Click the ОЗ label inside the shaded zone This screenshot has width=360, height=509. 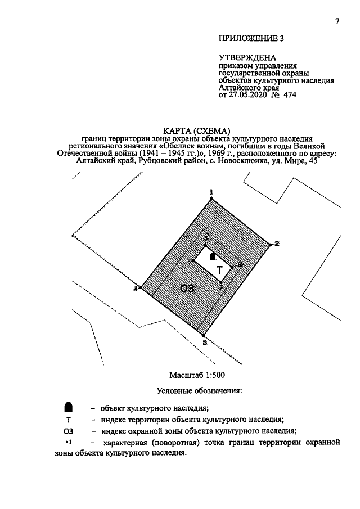tap(188, 289)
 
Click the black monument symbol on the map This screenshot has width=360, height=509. tap(212, 256)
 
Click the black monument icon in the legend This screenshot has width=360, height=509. tap(68, 407)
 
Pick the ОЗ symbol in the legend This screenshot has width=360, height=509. tap(68, 431)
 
